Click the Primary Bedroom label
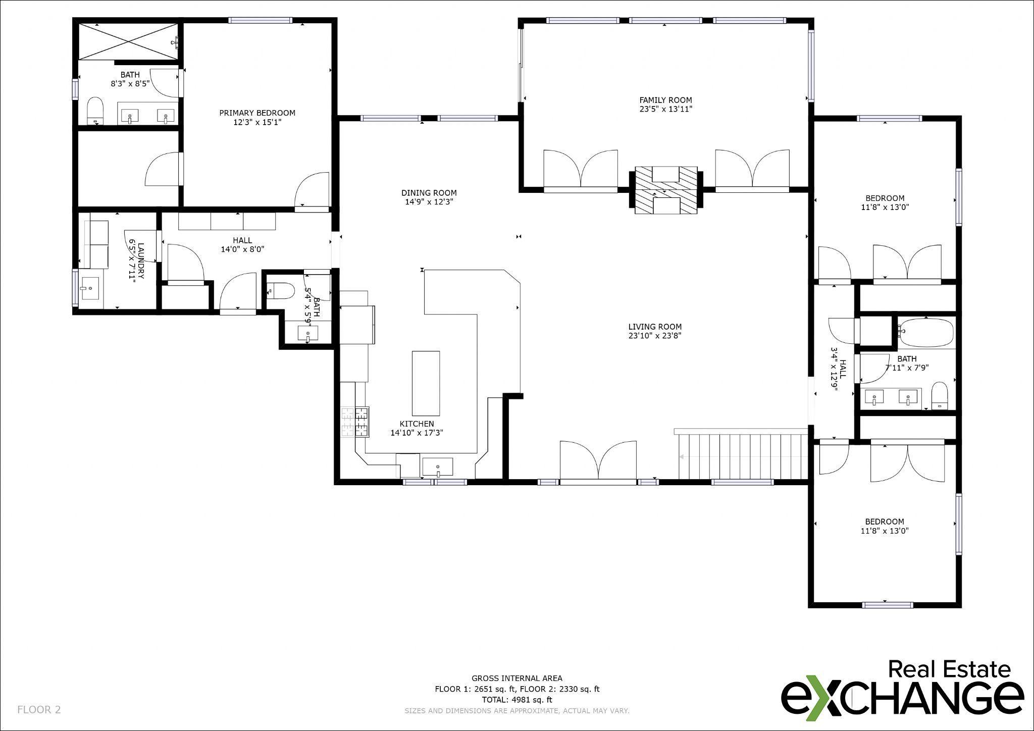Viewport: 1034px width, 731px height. pos(257,113)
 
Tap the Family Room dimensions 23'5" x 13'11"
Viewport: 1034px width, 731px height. pos(665,109)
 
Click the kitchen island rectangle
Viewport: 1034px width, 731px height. pos(426,383)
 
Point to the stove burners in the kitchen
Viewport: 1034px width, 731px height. pos(355,422)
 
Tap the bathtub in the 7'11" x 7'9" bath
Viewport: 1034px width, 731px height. pos(926,332)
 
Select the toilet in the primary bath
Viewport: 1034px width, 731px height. pos(95,110)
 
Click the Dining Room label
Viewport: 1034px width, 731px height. pos(429,193)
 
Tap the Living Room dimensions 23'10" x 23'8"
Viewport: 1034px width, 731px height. pos(655,336)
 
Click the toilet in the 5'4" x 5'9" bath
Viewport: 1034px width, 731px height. pos(281,291)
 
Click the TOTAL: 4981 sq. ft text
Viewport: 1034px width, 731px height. pos(516,700)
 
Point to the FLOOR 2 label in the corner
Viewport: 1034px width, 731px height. pos(39,710)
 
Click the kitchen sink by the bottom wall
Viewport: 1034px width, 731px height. pos(438,467)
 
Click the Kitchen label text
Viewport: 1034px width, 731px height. pos(417,424)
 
